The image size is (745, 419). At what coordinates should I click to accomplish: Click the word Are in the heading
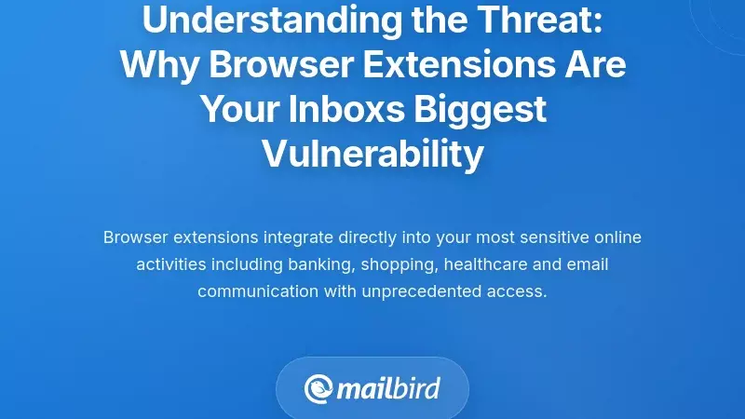tap(593, 65)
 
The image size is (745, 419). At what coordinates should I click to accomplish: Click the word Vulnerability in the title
tap(372, 154)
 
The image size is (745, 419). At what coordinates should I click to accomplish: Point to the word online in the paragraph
tap(617, 237)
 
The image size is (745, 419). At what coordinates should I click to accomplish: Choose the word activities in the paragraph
tap(170, 264)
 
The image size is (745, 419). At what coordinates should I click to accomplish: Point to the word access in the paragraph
tap(519, 291)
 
